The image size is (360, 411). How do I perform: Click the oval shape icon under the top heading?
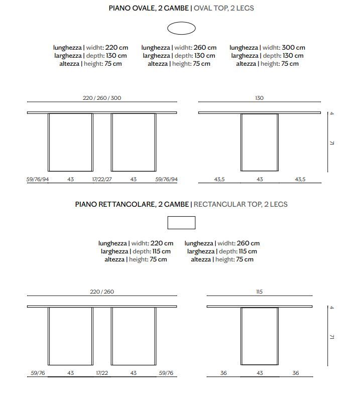click(x=181, y=29)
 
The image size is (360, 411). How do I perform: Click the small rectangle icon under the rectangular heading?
click(x=181, y=223)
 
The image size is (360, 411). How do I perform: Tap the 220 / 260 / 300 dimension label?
click(x=102, y=98)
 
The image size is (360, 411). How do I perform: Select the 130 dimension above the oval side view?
click(x=259, y=98)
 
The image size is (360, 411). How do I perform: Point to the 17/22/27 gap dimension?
click(x=102, y=179)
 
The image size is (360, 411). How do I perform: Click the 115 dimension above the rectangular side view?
click(x=259, y=292)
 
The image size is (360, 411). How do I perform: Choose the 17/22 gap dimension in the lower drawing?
click(x=102, y=373)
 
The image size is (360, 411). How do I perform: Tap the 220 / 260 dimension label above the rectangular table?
click(x=102, y=292)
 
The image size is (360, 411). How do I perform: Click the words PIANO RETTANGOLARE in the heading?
click(x=115, y=204)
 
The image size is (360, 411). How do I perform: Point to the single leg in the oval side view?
click(x=259, y=143)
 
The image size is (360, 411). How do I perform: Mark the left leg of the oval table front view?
click(x=70, y=143)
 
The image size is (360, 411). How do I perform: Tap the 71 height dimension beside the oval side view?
click(x=332, y=144)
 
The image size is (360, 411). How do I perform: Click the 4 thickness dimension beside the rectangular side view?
click(x=332, y=307)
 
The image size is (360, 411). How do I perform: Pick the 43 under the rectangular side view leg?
click(x=259, y=373)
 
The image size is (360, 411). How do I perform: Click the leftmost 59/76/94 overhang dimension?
click(x=38, y=179)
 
